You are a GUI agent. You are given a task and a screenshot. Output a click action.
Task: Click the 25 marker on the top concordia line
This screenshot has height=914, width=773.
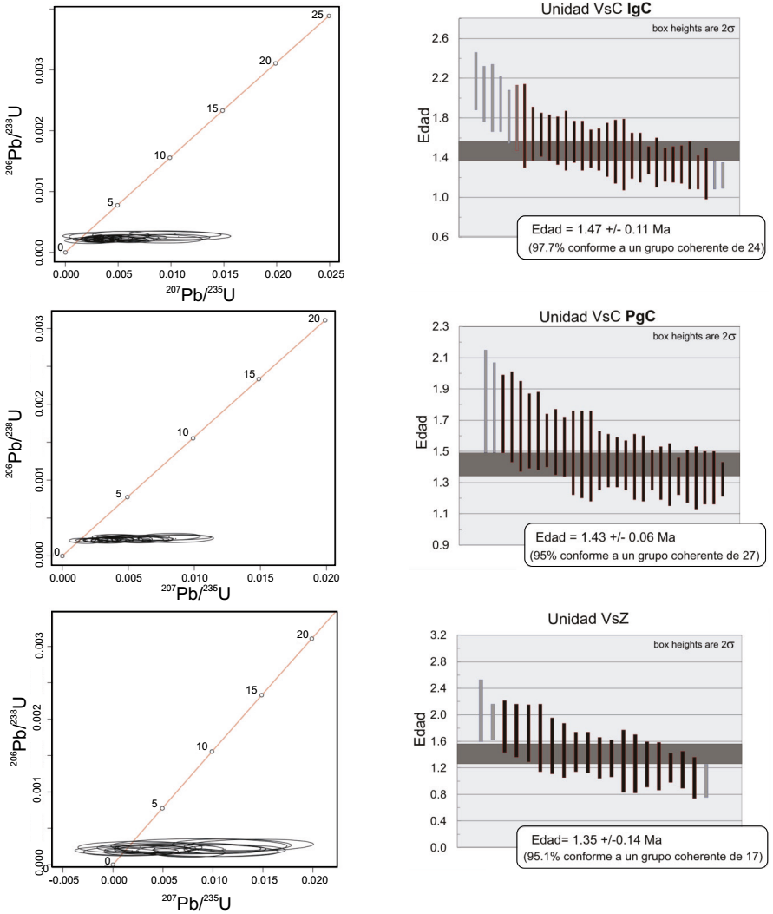click(328, 16)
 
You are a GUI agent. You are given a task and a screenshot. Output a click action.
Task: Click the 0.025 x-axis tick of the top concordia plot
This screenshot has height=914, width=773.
click(331, 273)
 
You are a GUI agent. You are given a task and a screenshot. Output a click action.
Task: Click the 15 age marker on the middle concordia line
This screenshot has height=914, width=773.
click(259, 379)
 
